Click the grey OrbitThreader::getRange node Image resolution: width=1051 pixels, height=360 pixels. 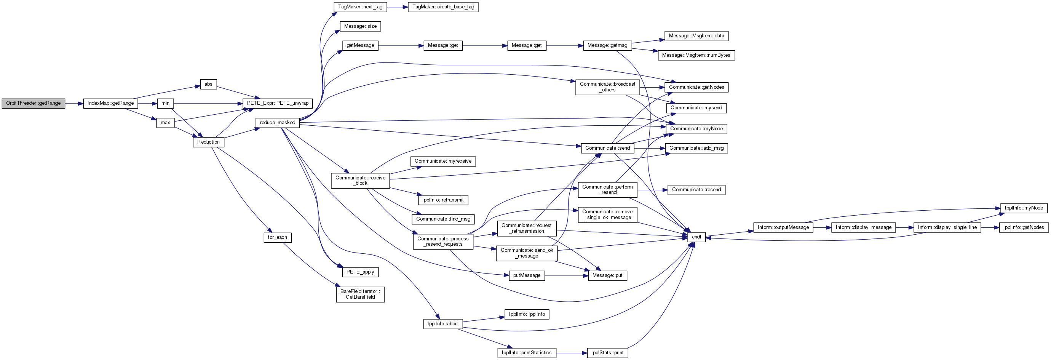tap(34, 103)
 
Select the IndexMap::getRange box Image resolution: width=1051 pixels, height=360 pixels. tap(110, 103)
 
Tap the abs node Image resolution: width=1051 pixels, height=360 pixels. tap(209, 84)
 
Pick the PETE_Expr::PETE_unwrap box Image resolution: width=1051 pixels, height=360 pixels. tap(278, 103)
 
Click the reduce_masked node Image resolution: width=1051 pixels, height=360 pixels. tap(278, 122)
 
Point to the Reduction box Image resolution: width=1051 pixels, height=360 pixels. tap(209, 142)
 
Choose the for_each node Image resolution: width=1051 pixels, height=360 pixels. tap(278, 237)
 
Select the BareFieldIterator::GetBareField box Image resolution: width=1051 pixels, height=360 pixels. tap(360, 294)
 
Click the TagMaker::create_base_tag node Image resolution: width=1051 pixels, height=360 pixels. tap(443, 7)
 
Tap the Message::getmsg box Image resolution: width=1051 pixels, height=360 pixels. tap(607, 45)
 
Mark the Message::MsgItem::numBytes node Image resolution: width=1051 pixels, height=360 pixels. tap(696, 55)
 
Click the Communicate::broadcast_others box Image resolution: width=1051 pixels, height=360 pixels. tap(607, 87)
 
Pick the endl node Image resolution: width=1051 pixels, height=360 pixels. tap(696, 237)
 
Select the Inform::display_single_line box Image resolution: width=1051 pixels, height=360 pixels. tap(947, 227)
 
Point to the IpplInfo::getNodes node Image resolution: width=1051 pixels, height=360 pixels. tap(1024, 227)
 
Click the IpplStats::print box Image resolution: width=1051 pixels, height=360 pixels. tap(607, 353)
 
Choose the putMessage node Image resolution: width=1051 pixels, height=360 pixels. tap(527, 275)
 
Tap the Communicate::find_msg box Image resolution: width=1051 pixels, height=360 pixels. tap(443, 219)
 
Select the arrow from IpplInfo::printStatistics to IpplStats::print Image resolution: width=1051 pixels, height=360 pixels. tap(572, 353)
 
